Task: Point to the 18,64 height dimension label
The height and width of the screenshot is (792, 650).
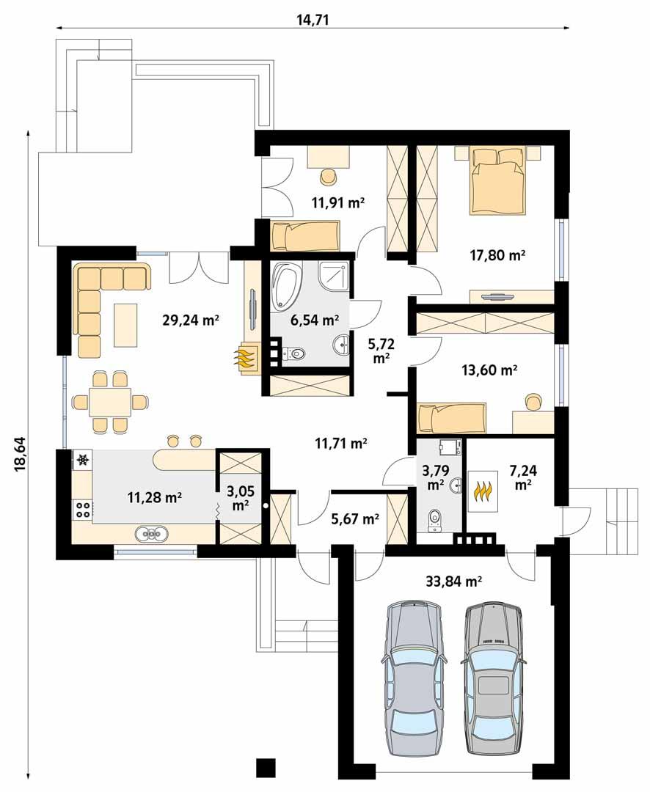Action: coord(21,455)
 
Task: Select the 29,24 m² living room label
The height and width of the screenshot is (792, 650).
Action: coord(191,320)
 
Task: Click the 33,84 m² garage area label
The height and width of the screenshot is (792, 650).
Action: coord(453,582)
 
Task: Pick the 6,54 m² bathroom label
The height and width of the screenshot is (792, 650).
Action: coord(315,320)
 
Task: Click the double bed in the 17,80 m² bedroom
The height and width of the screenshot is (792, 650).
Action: coord(498,180)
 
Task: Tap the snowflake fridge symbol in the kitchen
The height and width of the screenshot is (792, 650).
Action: coord(82,461)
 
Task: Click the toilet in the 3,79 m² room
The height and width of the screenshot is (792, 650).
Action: coord(435,519)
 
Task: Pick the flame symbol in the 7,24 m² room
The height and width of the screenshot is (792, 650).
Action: coord(482,489)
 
